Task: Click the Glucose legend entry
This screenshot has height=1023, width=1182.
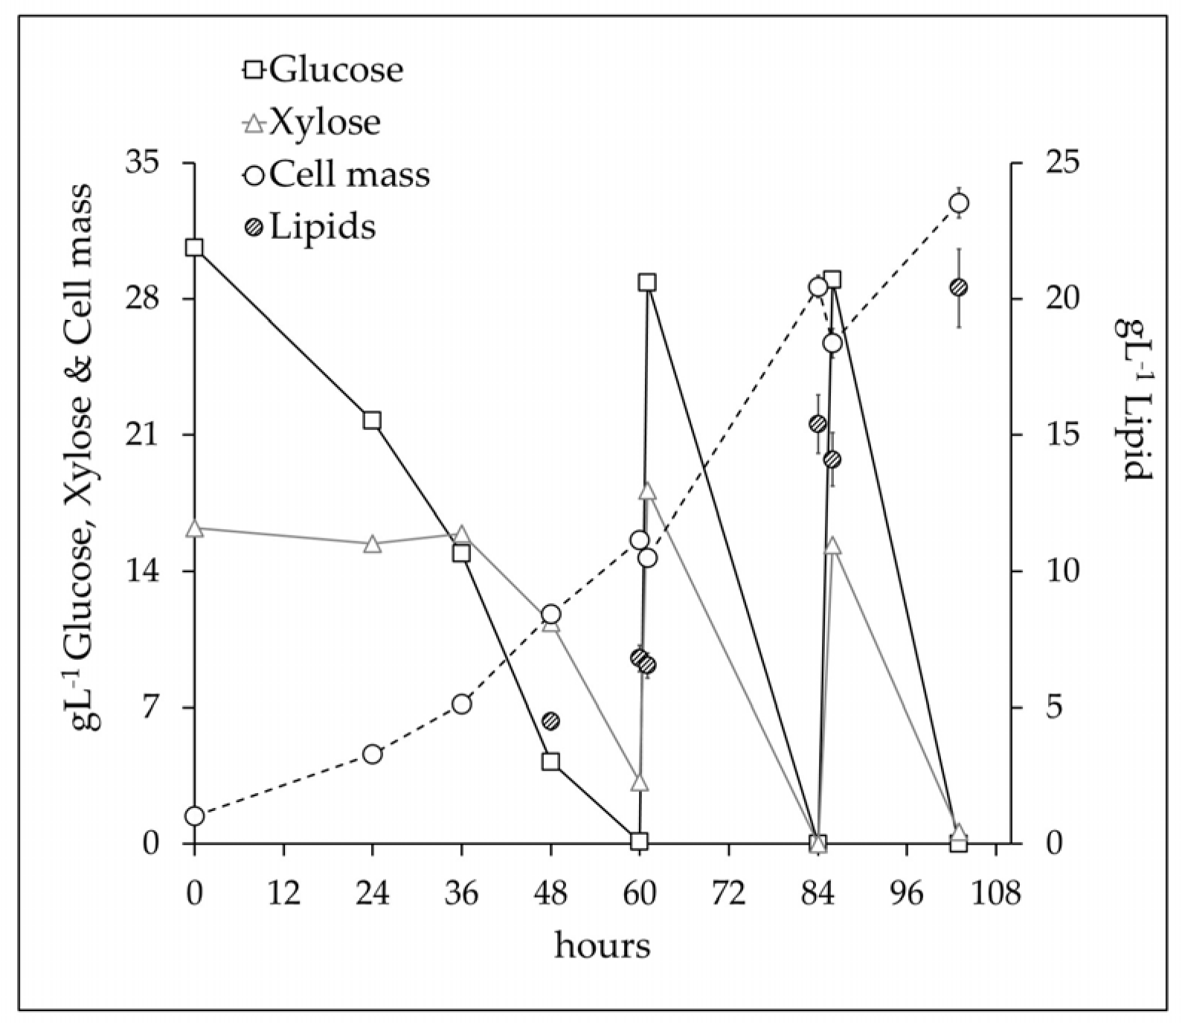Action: [x=324, y=70]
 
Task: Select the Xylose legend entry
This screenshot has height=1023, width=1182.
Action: [x=313, y=122]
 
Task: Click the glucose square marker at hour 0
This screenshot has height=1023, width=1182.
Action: [x=195, y=248]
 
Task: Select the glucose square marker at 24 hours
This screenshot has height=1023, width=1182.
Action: [x=372, y=420]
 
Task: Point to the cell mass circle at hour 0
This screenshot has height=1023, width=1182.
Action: [x=195, y=816]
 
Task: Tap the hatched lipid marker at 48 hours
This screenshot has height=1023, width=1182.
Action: [x=550, y=720]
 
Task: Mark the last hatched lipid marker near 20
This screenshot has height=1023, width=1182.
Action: [x=959, y=287]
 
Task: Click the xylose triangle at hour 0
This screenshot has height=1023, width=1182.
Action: [x=195, y=528]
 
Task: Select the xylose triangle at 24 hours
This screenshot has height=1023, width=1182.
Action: [x=372, y=545]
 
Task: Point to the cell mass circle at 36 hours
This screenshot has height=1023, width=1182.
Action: [x=461, y=704]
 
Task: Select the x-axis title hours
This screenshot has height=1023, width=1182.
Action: [x=602, y=947]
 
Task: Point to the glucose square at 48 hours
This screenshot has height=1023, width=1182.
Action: [x=550, y=761]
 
